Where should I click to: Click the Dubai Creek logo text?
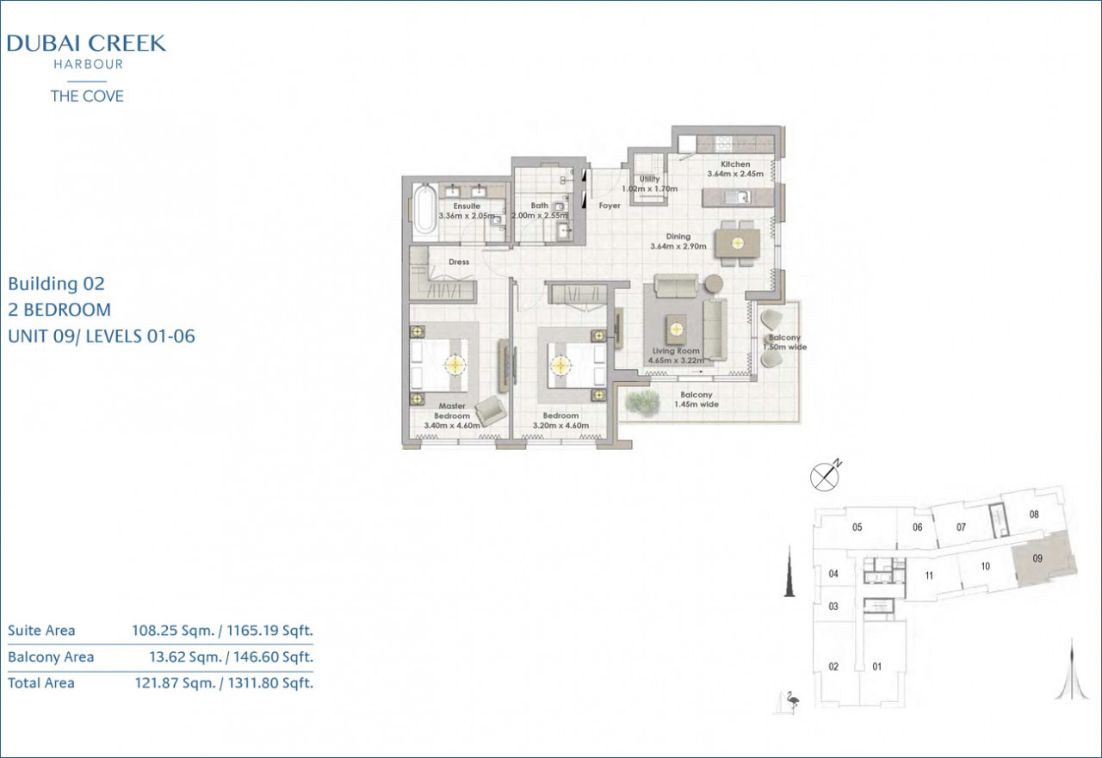[87, 43]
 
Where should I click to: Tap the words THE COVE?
[87, 96]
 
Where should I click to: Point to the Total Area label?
[41, 683]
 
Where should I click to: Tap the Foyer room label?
[610, 206]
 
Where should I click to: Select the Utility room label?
[649, 179]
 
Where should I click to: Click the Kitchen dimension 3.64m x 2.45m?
[735, 174]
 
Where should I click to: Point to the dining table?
[737, 243]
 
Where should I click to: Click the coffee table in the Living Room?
[677, 329]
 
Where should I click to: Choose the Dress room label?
[459, 262]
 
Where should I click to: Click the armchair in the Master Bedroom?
[491, 411]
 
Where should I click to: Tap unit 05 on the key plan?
[857, 527]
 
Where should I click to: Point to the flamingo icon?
[792, 700]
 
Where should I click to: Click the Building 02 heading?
[57, 284]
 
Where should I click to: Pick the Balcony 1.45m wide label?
[696, 399]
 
